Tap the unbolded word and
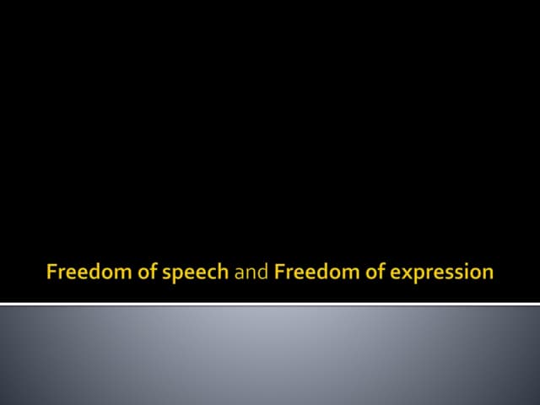click(251, 272)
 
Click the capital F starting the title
click(51, 272)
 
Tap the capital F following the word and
click(279, 272)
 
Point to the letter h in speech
click(224, 272)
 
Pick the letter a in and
click(239, 273)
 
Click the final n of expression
click(487, 273)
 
